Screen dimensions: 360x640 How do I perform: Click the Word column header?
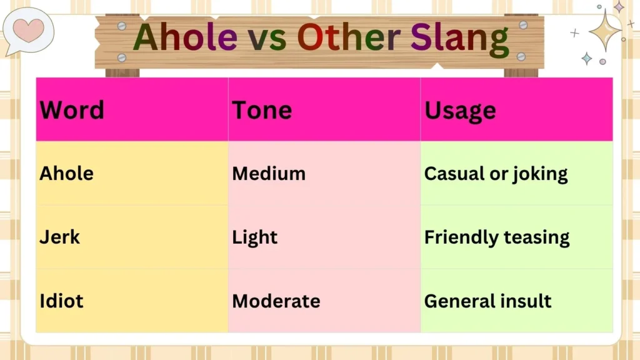72,111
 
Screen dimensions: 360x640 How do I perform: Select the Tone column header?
262,111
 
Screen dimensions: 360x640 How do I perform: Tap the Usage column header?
460,111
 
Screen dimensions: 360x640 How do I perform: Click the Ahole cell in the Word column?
66,173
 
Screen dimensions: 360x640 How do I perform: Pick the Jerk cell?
60,237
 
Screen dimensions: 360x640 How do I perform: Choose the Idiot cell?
61,301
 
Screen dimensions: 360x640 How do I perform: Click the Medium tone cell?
269,173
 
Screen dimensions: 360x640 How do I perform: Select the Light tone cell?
255,237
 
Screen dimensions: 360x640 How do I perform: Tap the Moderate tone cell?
276,301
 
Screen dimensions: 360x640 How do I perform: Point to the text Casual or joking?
496,174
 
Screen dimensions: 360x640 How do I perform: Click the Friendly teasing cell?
497,237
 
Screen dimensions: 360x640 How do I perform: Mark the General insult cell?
487,301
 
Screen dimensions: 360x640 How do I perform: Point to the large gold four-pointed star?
604,30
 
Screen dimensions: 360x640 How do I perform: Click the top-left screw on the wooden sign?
122,26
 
